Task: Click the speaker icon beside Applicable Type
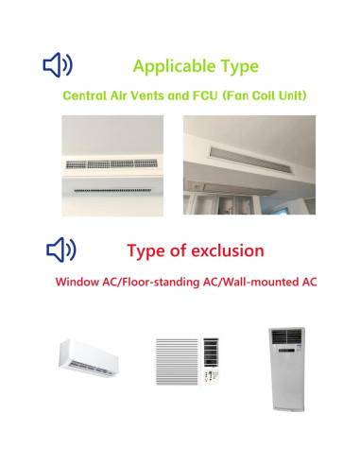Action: (x=58, y=65)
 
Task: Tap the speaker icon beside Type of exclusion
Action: (x=61, y=250)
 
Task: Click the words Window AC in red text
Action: (x=88, y=282)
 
